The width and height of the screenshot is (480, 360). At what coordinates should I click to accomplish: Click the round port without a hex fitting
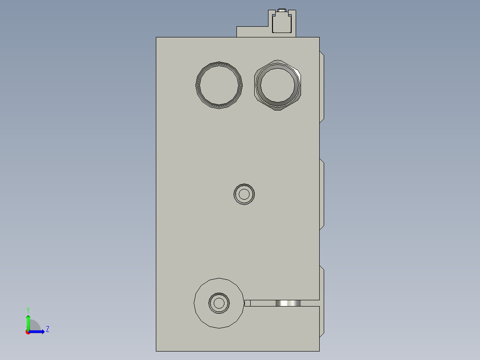[x=219, y=85]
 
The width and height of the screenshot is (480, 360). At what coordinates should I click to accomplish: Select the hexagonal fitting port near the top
[x=278, y=85]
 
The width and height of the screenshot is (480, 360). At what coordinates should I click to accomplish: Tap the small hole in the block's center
[x=244, y=194]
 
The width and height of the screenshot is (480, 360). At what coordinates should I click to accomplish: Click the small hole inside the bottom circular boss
[x=219, y=303]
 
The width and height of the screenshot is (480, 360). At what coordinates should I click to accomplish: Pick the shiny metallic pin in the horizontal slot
[x=288, y=303]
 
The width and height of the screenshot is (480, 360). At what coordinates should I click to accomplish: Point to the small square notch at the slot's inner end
[x=248, y=303]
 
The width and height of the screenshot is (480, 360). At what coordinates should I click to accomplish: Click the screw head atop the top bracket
[x=282, y=11]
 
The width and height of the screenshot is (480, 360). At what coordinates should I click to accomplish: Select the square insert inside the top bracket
[x=282, y=23]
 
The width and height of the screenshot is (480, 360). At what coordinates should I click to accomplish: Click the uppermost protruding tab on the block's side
[x=321, y=87]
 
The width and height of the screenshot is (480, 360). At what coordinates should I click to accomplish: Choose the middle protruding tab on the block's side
[x=321, y=194]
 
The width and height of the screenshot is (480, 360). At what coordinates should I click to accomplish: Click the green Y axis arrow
[x=28, y=321]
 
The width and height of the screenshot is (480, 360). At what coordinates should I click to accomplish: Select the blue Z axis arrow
[x=38, y=331]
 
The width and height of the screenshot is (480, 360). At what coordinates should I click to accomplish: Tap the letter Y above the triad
[x=28, y=310]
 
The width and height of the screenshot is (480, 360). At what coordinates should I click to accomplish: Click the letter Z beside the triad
[x=47, y=330]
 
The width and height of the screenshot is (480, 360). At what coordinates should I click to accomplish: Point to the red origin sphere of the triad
[x=28, y=332]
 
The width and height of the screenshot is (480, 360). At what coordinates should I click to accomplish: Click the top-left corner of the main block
[x=156, y=37]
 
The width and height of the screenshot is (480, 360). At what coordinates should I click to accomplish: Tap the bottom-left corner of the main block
[x=156, y=351]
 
